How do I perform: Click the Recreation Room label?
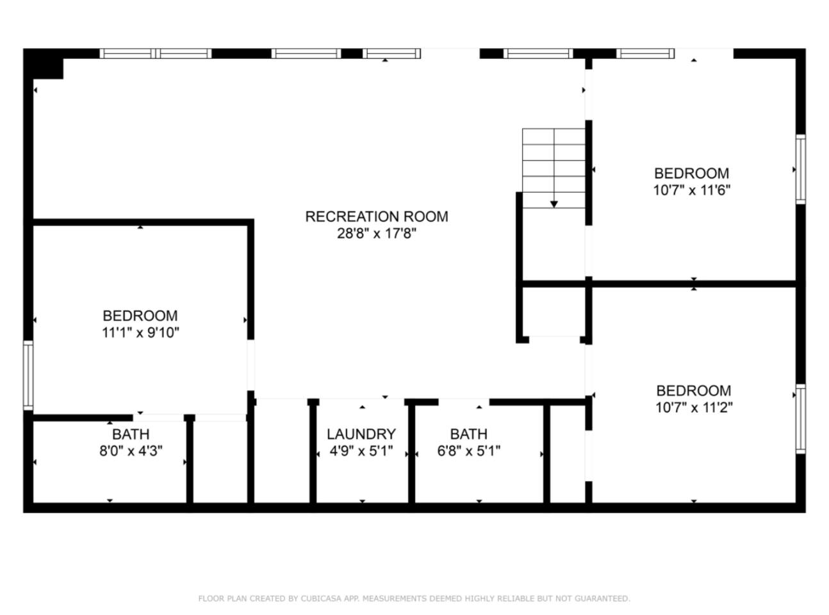coord(376,217)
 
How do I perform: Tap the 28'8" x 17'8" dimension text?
coord(376,234)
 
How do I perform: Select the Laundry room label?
coord(361,434)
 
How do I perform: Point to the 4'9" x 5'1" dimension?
coord(361,451)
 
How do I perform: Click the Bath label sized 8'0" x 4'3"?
coord(131,434)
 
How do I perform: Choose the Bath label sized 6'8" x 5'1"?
coord(469,434)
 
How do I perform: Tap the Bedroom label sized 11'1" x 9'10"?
coord(140,316)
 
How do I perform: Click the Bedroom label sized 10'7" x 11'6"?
coord(691,174)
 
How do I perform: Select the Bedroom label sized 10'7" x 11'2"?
coord(694,391)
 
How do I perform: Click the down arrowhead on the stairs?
coord(554,204)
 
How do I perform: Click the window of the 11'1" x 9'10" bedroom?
coord(28,375)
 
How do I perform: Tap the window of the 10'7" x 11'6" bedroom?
coord(801,169)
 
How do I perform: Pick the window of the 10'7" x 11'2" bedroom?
coord(801,419)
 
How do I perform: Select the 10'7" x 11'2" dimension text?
coord(694,407)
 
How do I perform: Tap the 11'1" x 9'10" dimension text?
coord(140,332)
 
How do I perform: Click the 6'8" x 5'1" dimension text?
coord(469,451)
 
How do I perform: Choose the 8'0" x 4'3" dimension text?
coord(131,451)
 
